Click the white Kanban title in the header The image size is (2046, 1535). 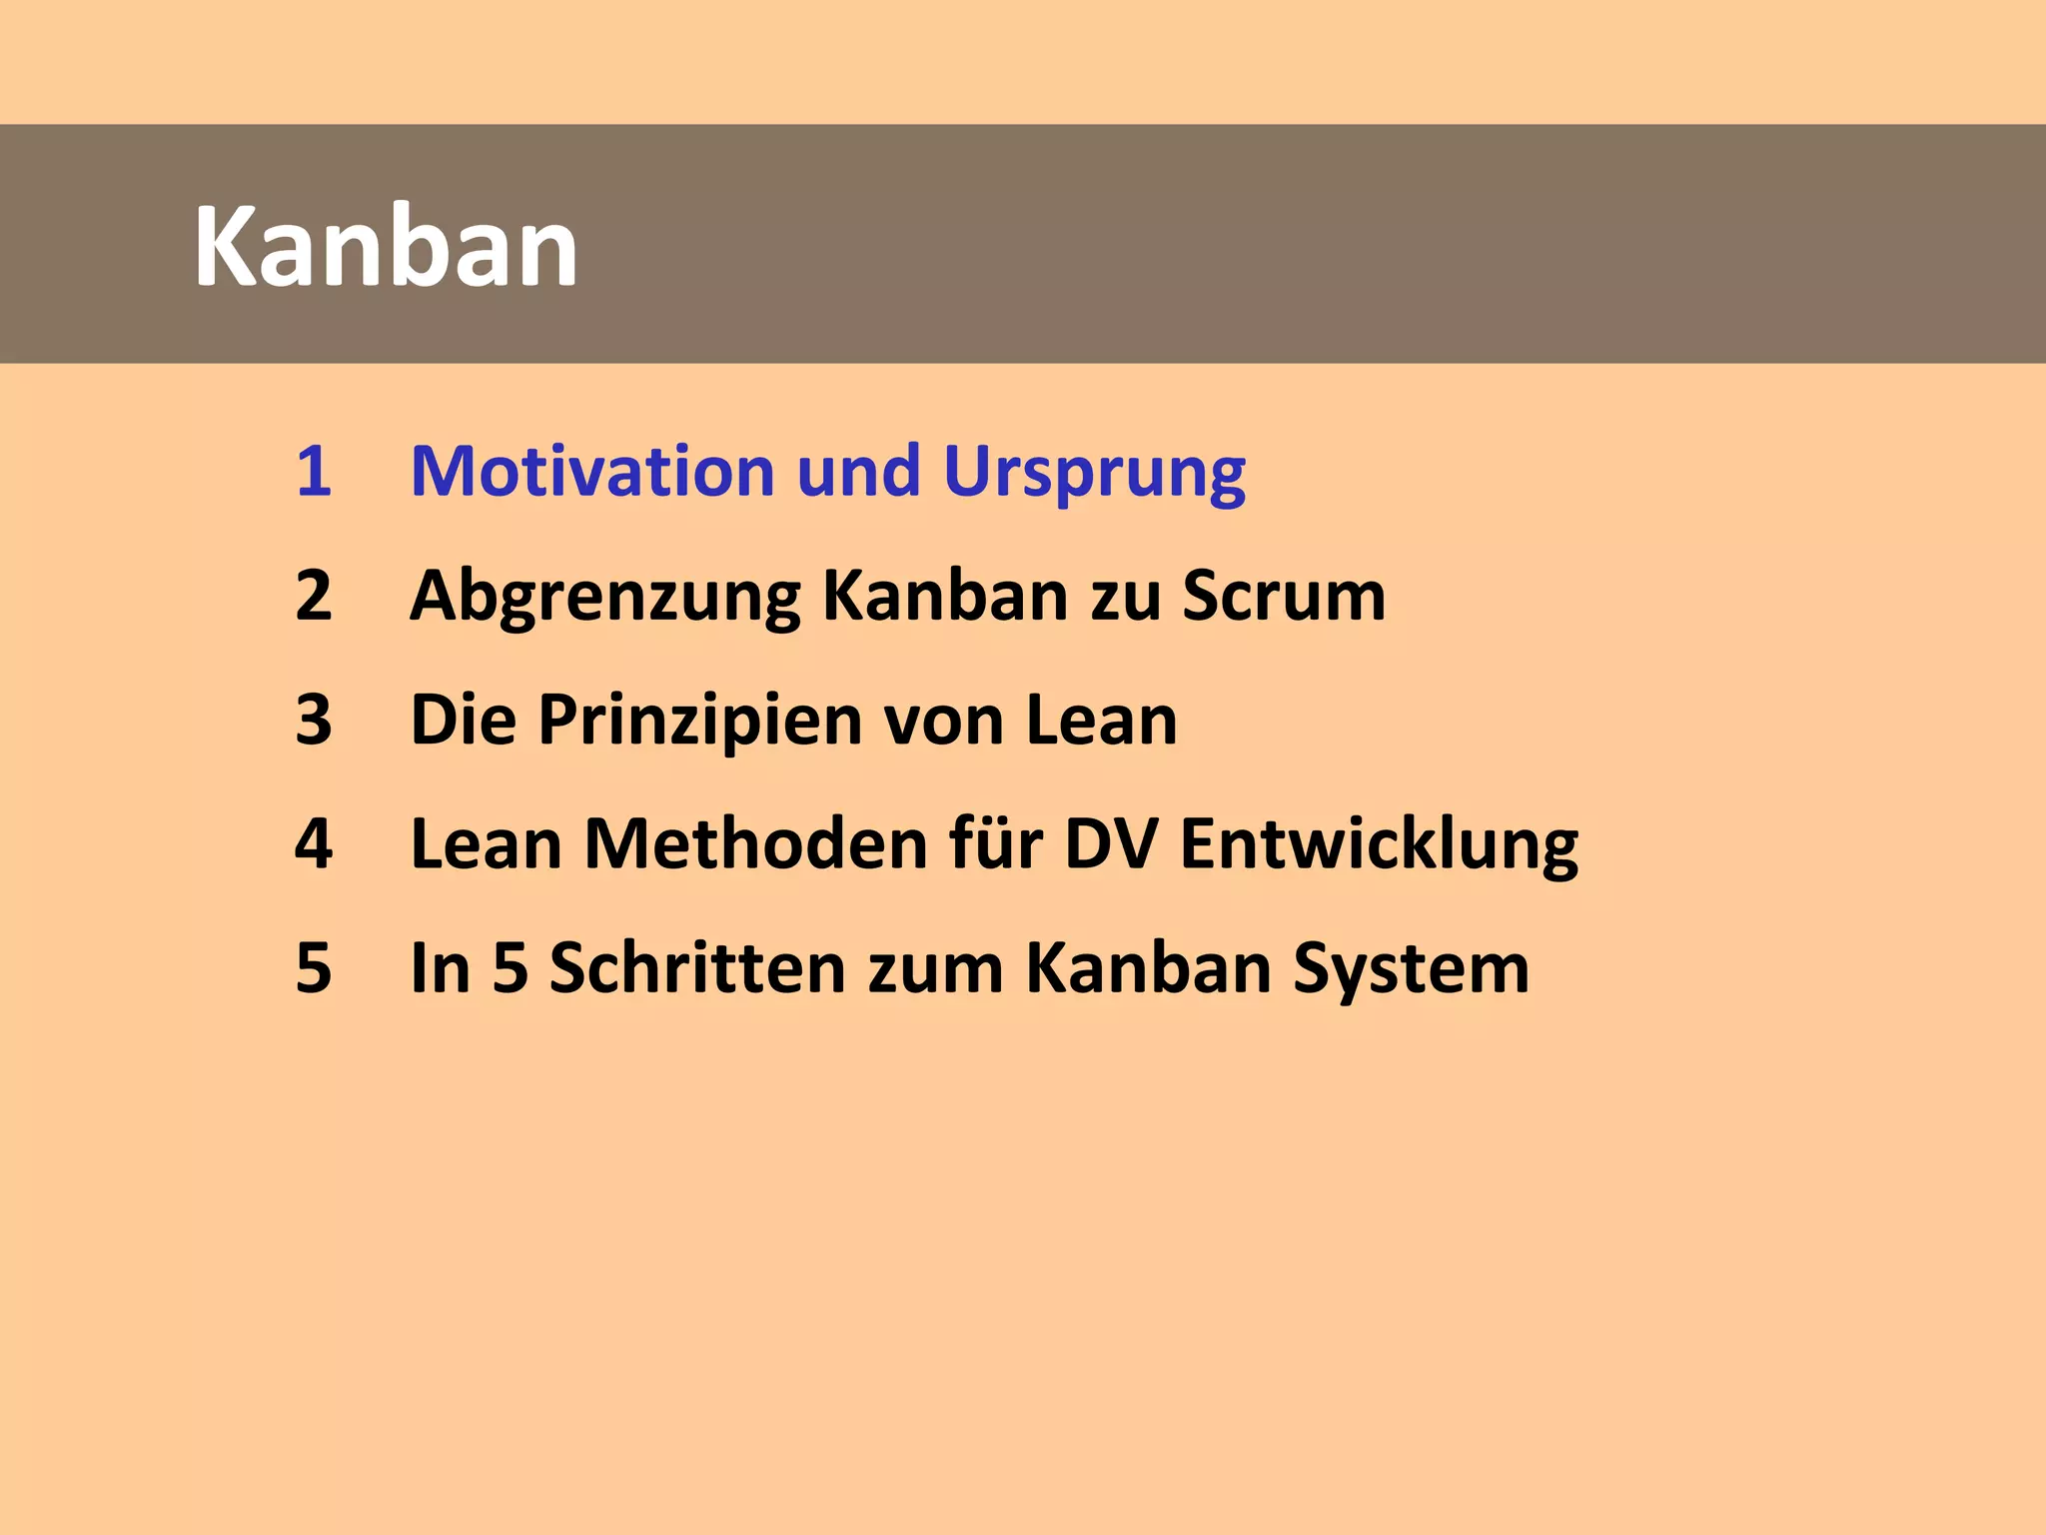pyautogui.click(x=386, y=247)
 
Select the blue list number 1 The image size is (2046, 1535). pyautogui.click(x=313, y=471)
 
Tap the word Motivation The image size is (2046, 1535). pyautogui.click(x=592, y=471)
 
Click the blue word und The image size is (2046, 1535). pyautogui.click(x=858, y=471)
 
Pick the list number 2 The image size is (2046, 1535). pyautogui.click(x=313, y=596)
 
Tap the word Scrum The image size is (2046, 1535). pyautogui.click(x=1284, y=596)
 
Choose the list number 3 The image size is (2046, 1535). pyautogui.click(x=313, y=720)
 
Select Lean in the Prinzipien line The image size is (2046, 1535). pyautogui.click(x=1102, y=720)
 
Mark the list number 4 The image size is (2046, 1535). pyautogui.click(x=313, y=844)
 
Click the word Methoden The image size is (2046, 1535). pyautogui.click(x=756, y=844)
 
